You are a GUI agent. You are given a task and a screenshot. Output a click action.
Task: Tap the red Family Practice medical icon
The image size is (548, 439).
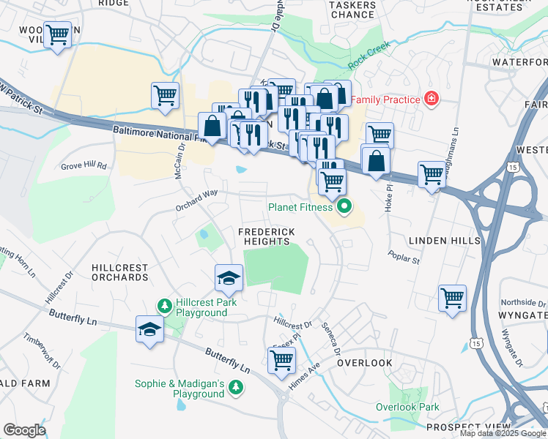click(x=432, y=99)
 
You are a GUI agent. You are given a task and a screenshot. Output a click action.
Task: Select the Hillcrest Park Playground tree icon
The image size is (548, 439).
click(x=166, y=304)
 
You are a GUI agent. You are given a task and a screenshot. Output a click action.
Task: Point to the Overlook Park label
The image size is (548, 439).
click(x=407, y=407)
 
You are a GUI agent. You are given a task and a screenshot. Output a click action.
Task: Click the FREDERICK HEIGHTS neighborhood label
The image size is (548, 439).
click(x=266, y=237)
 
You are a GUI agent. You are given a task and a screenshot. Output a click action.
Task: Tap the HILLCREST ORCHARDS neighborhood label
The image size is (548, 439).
click(x=119, y=273)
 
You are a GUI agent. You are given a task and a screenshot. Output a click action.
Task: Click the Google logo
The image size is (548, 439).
click(x=24, y=430)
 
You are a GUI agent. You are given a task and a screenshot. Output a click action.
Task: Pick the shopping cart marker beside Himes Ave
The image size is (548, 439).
click(x=282, y=360)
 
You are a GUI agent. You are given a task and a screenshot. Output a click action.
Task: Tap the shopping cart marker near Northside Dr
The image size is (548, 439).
click(x=452, y=298)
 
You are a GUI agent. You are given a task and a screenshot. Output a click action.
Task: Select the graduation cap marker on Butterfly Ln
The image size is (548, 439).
click(x=149, y=329)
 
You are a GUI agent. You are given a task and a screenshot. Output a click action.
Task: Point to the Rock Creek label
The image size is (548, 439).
click(x=369, y=56)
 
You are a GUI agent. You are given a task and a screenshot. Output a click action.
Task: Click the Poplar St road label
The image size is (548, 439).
click(x=405, y=260)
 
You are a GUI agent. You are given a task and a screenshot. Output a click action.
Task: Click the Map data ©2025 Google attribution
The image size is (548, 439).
click(x=502, y=433)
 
